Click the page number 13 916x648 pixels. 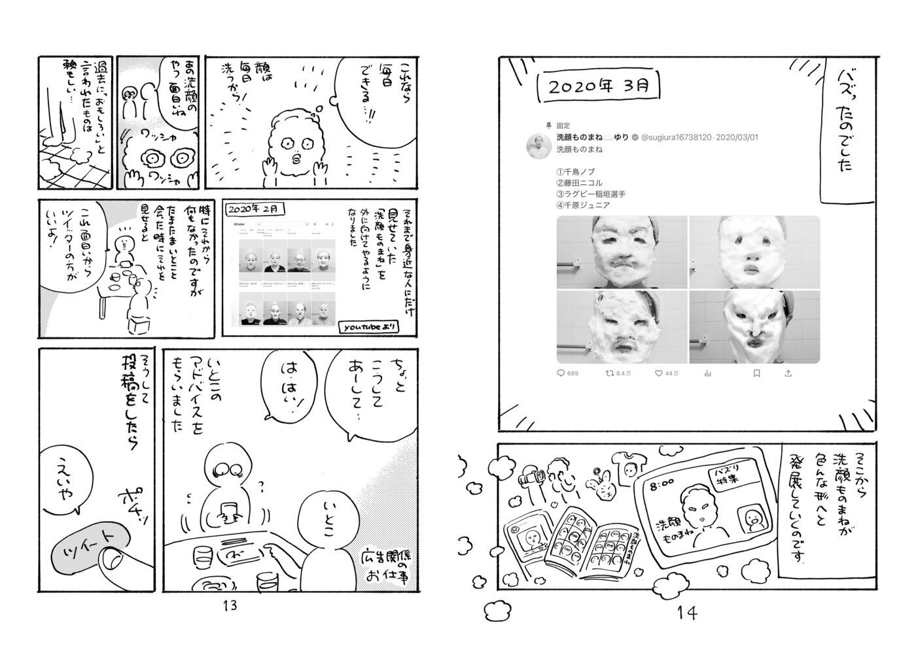tap(230, 605)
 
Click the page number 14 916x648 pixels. tap(687, 613)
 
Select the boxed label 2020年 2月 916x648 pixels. tap(255, 209)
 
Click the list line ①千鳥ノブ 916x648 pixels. tap(575, 171)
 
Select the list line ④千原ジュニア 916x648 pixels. tap(583, 205)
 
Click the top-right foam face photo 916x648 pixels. tap(754, 252)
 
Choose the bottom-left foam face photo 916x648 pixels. tap(622, 327)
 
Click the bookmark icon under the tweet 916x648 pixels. tap(756, 373)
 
